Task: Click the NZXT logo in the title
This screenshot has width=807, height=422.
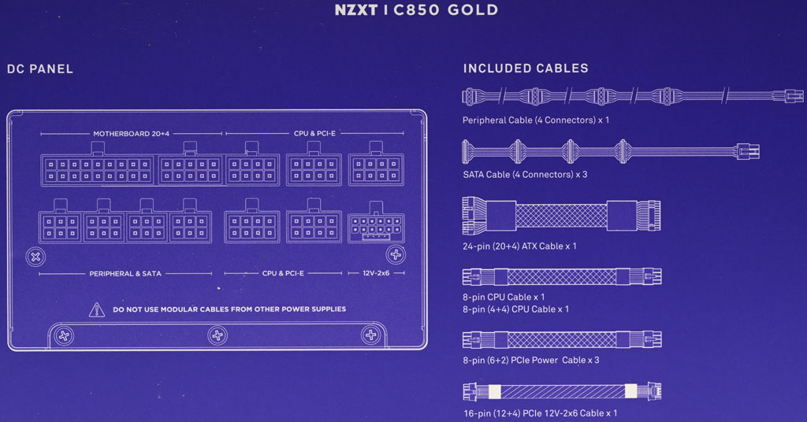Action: (356, 9)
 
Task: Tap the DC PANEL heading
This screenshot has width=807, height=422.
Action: (40, 68)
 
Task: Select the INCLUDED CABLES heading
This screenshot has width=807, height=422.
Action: (526, 68)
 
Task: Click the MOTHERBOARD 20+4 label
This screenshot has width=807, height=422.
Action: (132, 134)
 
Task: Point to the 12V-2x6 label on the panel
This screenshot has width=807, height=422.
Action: (376, 273)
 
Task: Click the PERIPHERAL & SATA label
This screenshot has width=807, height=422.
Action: (125, 273)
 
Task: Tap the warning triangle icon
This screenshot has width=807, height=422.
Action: (96, 309)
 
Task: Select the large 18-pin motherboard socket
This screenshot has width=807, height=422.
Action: (98, 165)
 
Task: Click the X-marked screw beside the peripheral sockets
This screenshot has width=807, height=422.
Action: (35, 257)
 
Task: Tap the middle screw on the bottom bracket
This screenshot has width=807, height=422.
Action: (218, 335)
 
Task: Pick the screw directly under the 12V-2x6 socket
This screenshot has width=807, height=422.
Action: (396, 254)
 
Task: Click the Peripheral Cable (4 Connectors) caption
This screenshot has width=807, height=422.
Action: (536, 120)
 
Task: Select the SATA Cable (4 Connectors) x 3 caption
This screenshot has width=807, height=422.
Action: (525, 175)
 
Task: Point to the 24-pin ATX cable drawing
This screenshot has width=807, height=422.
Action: (561, 216)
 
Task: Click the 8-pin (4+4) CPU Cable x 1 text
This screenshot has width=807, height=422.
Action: (515, 309)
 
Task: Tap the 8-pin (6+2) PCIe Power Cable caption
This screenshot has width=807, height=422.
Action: (530, 361)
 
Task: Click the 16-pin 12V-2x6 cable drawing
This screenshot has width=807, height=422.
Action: (561, 391)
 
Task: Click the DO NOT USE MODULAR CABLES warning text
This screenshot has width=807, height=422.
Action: (229, 309)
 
